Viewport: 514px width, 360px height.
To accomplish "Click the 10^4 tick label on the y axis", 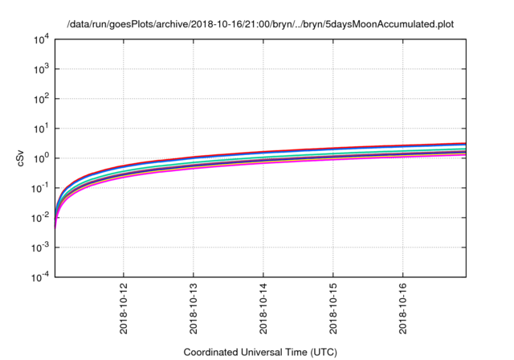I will click(x=40, y=39).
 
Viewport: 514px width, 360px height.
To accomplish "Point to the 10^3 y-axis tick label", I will click(x=40, y=69).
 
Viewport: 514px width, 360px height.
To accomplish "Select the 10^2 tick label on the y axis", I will click(x=40, y=99).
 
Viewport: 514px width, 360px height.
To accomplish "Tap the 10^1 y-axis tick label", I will click(x=40, y=129).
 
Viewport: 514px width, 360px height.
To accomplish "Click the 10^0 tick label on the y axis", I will click(x=40, y=158).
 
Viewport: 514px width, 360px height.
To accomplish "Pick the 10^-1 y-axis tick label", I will click(x=39, y=188).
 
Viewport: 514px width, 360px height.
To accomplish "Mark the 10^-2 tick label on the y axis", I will click(x=39, y=218).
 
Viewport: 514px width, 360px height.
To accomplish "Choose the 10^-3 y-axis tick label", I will click(x=39, y=247).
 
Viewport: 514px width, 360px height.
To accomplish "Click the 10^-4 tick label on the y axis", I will click(x=39, y=277).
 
